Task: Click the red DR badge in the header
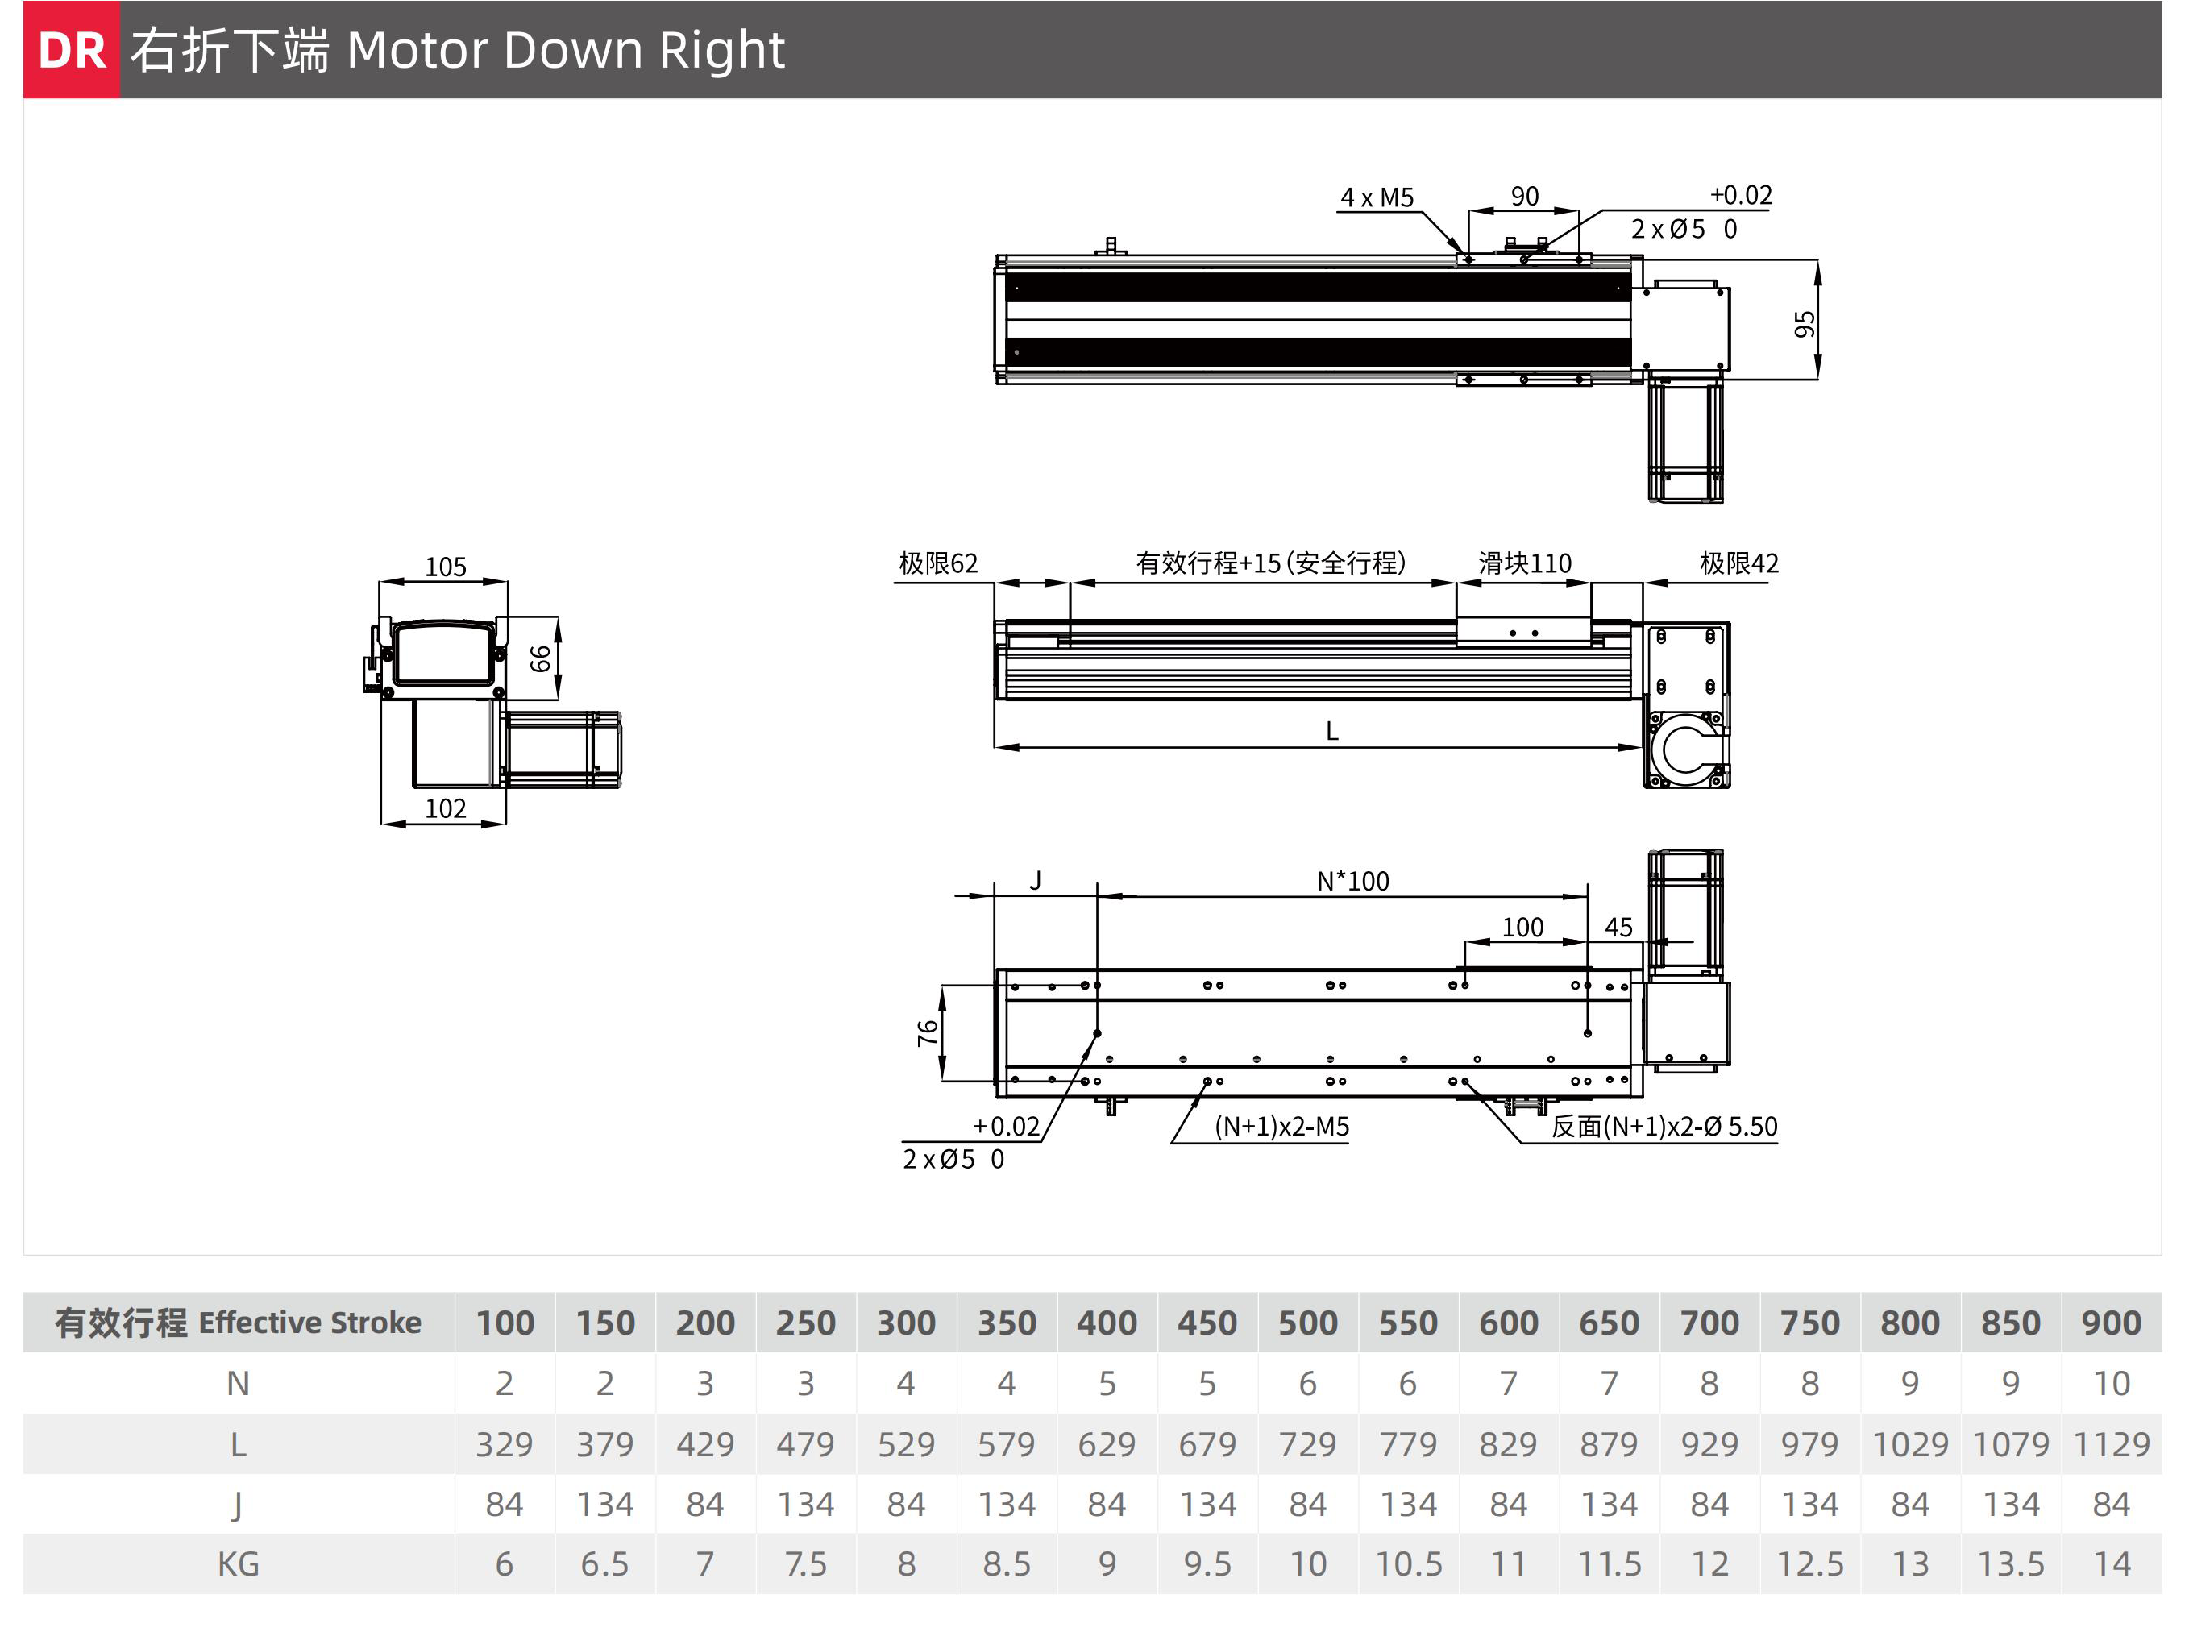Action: tap(71, 49)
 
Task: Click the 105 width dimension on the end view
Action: tap(446, 567)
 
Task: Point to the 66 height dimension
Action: tap(540, 658)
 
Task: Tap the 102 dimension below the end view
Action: tap(446, 808)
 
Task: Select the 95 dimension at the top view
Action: tap(1805, 324)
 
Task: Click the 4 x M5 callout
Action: tap(1377, 197)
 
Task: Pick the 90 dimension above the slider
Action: tap(1524, 196)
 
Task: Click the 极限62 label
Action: tap(937, 563)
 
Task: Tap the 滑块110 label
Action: tap(1524, 563)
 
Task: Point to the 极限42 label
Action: tap(1738, 563)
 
